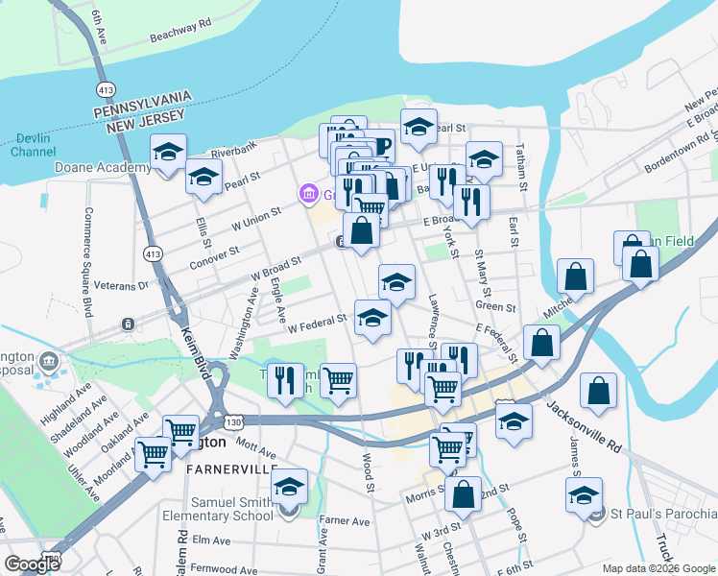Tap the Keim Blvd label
coord(193,355)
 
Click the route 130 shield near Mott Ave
coord(234,420)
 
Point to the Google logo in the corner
coord(32,564)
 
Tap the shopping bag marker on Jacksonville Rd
coord(598,391)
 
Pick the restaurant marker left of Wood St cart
coord(287,380)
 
